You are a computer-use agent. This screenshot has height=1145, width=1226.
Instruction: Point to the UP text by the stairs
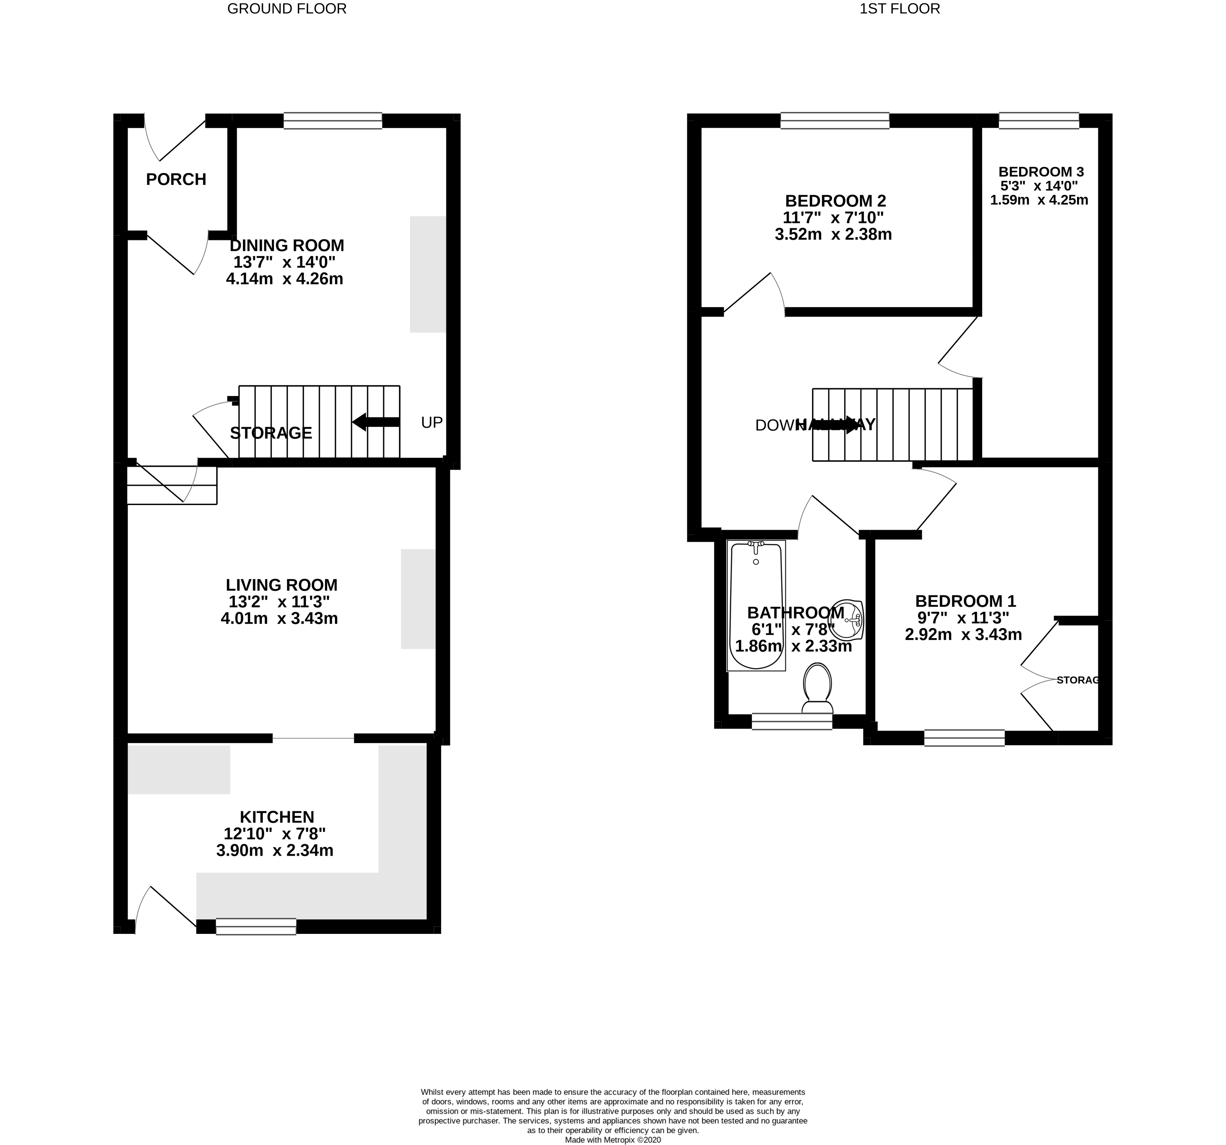point(432,422)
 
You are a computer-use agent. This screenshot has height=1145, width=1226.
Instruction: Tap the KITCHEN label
point(277,817)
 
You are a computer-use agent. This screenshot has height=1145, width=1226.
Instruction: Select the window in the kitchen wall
point(256,926)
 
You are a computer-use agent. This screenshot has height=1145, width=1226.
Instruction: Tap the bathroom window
point(792,721)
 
